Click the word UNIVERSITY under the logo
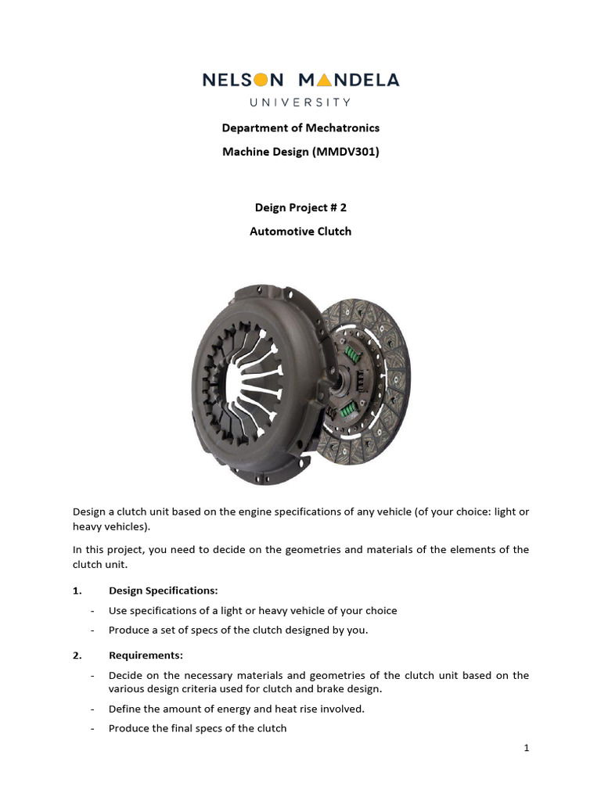(x=300, y=102)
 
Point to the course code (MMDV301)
(x=345, y=153)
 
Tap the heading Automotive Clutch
(x=300, y=232)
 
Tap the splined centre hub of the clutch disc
(x=343, y=383)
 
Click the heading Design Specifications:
(x=164, y=591)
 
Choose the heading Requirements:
(x=146, y=656)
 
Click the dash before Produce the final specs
(x=93, y=728)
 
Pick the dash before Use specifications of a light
(x=93, y=610)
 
